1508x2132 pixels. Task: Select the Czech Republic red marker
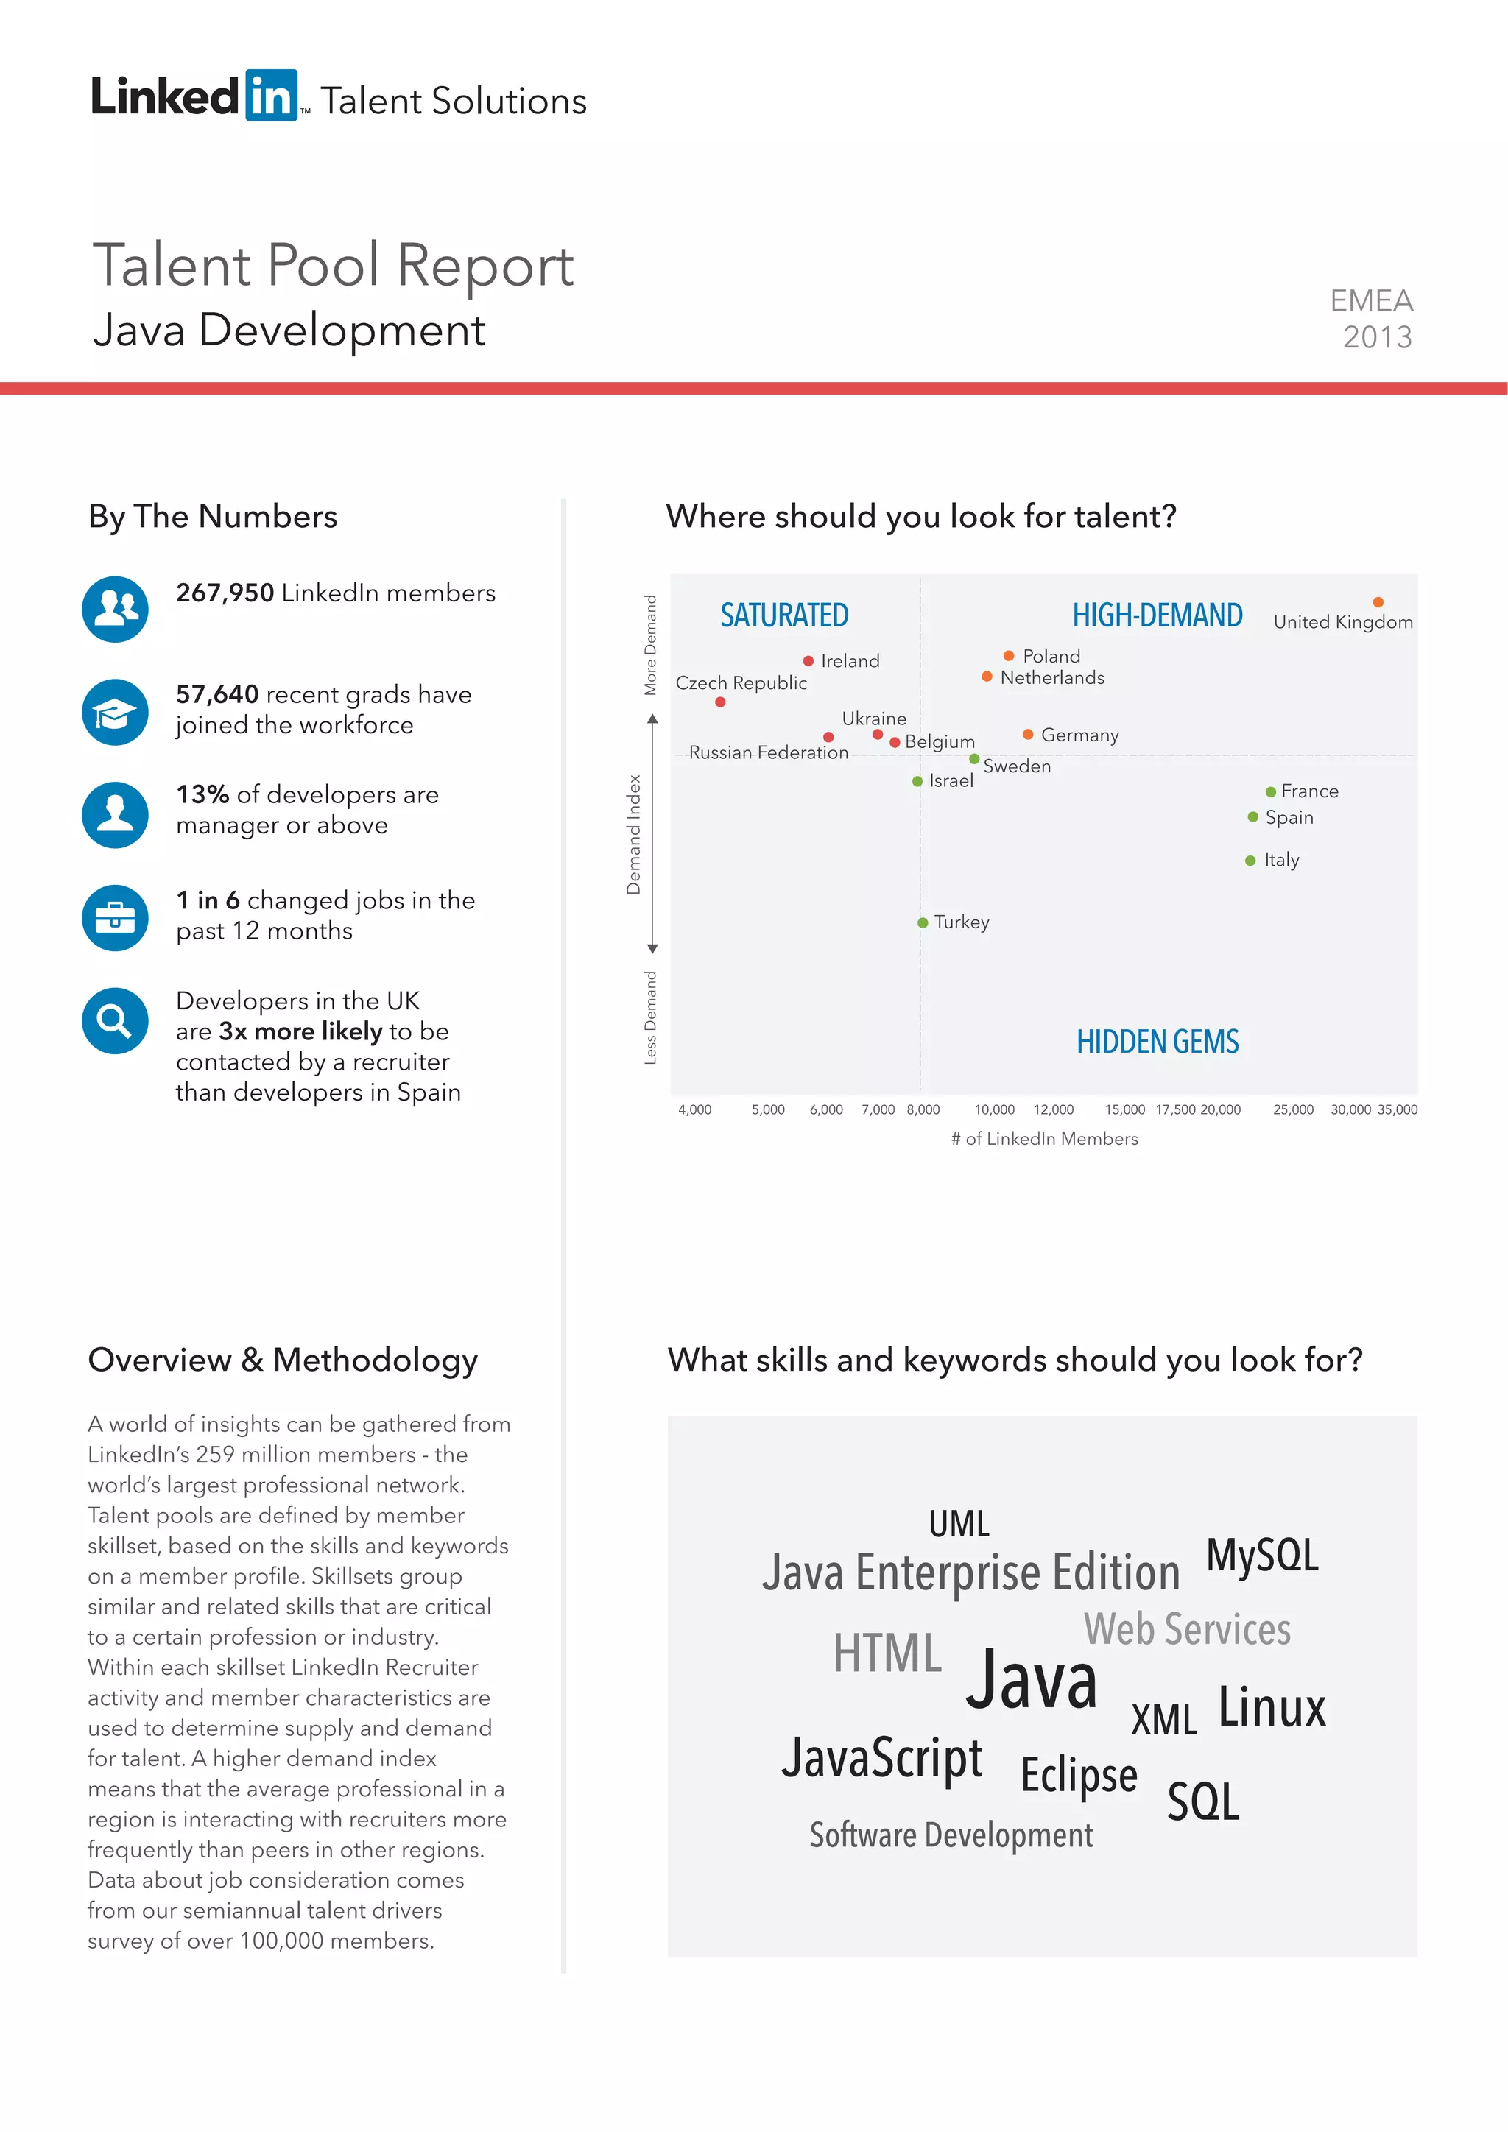pos(721,702)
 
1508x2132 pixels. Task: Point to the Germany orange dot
pos(1028,735)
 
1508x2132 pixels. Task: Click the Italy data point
pos(1250,861)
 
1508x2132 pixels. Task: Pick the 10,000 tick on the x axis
pos(995,1109)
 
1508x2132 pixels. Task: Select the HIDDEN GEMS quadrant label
pos(1157,1042)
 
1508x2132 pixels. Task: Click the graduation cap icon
pos(115,712)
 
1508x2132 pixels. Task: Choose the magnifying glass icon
pos(115,1020)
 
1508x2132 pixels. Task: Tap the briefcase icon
pos(115,917)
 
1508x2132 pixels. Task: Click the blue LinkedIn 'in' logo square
pos(271,95)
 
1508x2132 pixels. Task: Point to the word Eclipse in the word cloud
pos(1078,1774)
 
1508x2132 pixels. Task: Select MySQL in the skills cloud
pos(1262,1556)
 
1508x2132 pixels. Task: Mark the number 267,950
pos(225,593)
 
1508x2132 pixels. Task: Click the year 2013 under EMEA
pos(1377,337)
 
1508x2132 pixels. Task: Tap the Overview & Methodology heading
pos(283,1360)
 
